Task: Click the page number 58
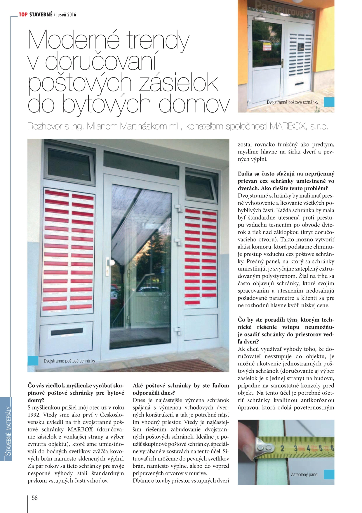click(35, 498)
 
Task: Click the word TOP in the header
click(23, 15)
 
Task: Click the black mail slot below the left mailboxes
click(67, 332)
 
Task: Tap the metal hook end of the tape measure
click(264, 448)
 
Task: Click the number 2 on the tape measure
click(282, 448)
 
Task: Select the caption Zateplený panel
click(304, 474)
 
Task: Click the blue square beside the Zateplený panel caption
click(329, 474)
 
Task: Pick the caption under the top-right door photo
click(292, 102)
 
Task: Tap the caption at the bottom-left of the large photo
click(69, 361)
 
